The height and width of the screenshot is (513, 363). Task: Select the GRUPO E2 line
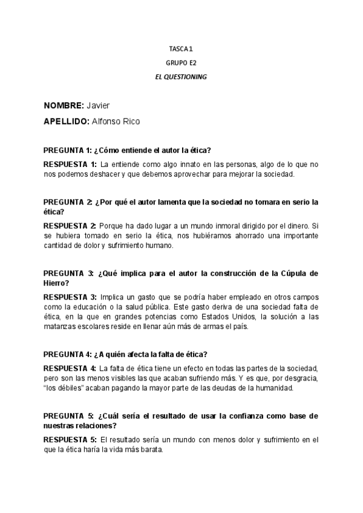click(x=181, y=62)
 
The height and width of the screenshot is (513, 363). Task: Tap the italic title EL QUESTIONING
click(x=181, y=77)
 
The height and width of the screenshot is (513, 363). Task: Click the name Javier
click(x=99, y=105)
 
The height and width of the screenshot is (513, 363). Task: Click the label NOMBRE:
click(x=64, y=105)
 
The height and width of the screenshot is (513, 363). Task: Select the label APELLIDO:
click(x=67, y=121)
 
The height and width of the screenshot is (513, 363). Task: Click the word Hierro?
click(x=56, y=283)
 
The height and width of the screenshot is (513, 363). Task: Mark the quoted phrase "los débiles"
click(x=63, y=388)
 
